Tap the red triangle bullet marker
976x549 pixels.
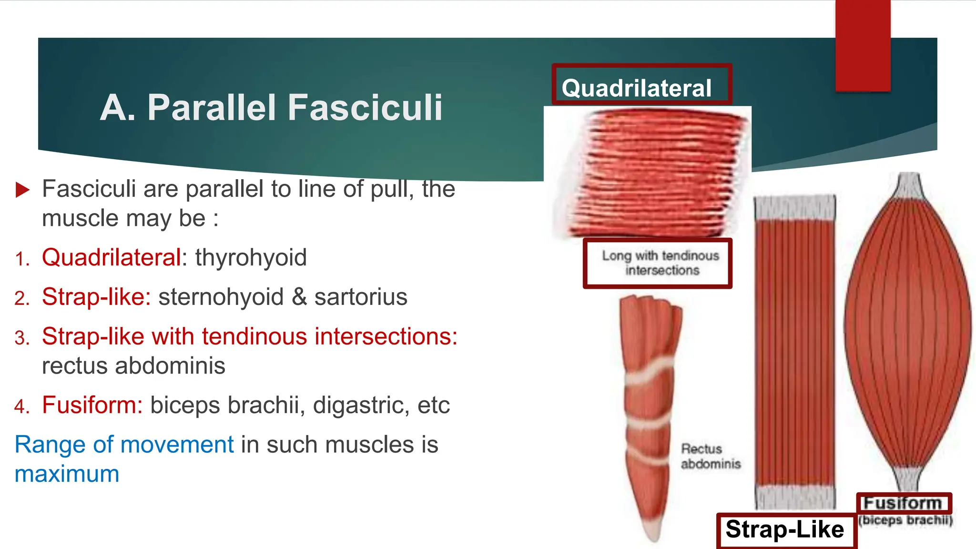click(x=22, y=189)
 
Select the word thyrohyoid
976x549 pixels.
click(x=251, y=258)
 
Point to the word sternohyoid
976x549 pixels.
click(x=221, y=297)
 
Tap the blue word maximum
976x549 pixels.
click(x=67, y=474)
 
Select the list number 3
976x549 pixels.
click(x=22, y=338)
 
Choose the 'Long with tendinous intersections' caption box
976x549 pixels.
click(x=658, y=263)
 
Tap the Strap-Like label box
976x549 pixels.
click(x=785, y=529)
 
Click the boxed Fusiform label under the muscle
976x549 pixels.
click(x=904, y=503)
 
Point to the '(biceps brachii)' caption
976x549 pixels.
click(x=905, y=519)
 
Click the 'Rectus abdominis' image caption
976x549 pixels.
click(x=711, y=456)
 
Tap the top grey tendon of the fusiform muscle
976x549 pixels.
click(x=908, y=186)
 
